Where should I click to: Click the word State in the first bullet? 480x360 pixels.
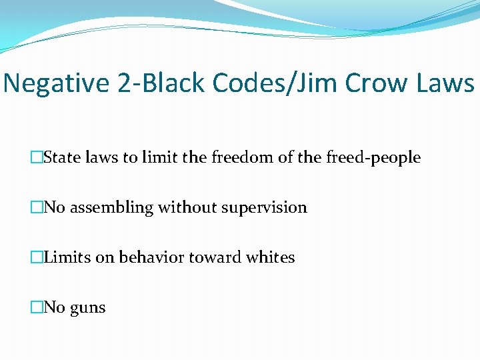point(62,158)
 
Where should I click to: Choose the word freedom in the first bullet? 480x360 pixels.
point(234,158)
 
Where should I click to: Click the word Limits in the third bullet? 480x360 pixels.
point(67,257)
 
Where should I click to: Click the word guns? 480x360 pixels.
point(87,308)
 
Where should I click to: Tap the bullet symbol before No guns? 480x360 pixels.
point(37,307)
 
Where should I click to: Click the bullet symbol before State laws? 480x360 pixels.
point(37,158)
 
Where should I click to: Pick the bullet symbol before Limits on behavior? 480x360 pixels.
point(37,257)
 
